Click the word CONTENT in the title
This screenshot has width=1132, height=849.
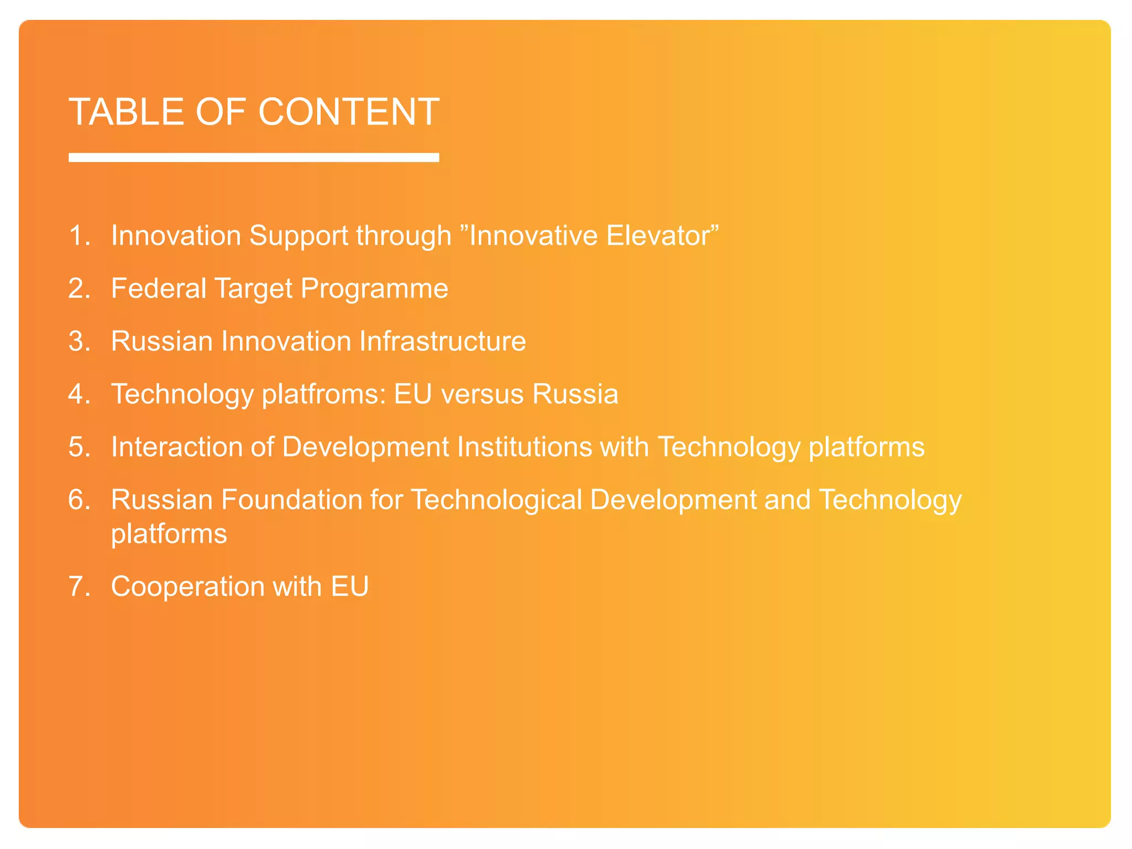tap(349, 112)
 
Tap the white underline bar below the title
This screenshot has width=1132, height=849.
tap(254, 158)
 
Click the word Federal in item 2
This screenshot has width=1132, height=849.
tap(159, 289)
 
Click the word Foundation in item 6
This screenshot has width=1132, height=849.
tap(292, 500)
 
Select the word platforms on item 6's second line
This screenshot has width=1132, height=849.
tap(169, 534)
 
